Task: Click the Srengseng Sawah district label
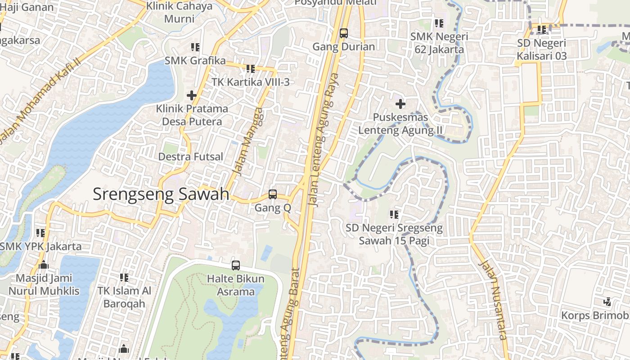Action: tap(161, 194)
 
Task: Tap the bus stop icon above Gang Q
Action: tap(272, 194)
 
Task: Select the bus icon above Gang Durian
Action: tap(344, 33)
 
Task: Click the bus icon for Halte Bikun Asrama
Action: tap(236, 265)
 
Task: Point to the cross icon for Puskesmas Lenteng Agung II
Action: tap(400, 104)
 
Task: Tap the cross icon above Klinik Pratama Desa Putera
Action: tap(192, 95)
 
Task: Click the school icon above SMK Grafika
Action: tap(195, 47)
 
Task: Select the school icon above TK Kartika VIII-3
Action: tap(250, 69)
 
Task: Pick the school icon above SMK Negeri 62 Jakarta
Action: tap(439, 23)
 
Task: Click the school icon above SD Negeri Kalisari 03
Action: tap(541, 30)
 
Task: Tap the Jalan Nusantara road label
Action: tap(494, 300)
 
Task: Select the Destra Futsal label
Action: tap(190, 157)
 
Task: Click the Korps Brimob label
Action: tap(594, 315)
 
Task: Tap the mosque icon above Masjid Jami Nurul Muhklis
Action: tap(44, 265)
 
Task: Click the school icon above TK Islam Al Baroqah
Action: tap(124, 278)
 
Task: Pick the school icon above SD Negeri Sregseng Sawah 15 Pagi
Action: tap(394, 215)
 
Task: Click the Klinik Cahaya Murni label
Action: tap(180, 12)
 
